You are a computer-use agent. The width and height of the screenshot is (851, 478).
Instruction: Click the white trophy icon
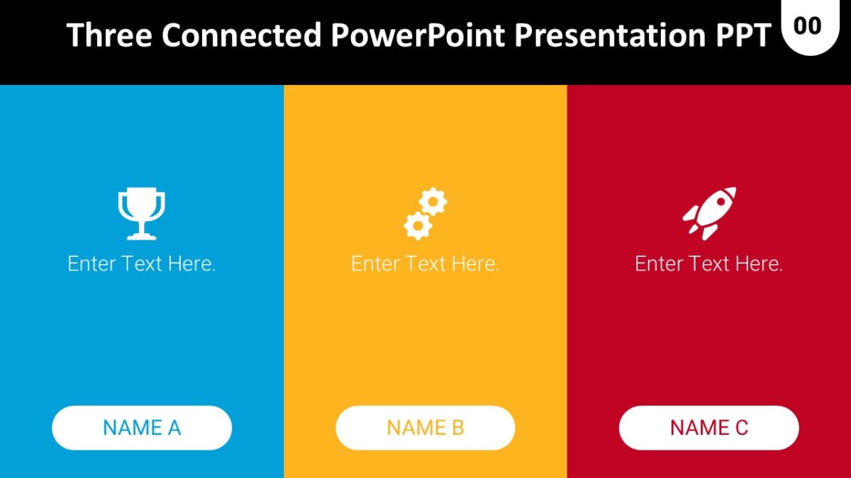click(141, 210)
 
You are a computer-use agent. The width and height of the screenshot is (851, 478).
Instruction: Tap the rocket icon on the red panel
click(709, 212)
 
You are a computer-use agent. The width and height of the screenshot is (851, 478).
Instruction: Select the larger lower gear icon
click(418, 225)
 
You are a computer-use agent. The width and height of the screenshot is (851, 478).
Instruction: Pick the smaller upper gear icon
click(433, 203)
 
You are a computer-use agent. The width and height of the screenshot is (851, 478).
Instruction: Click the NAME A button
click(142, 428)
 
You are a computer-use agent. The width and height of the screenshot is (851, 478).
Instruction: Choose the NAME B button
click(425, 428)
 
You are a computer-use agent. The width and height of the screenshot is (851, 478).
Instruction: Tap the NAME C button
click(709, 428)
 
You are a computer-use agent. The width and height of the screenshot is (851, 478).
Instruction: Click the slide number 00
click(808, 26)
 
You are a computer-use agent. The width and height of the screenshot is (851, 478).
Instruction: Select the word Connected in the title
click(240, 35)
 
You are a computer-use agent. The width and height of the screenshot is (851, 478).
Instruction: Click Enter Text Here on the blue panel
click(142, 264)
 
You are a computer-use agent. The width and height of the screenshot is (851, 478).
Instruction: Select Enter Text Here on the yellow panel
click(425, 264)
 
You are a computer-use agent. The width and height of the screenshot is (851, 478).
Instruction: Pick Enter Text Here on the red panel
click(709, 264)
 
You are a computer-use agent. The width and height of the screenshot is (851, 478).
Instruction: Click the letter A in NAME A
click(174, 428)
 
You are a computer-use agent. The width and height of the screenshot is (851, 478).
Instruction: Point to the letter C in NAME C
click(741, 428)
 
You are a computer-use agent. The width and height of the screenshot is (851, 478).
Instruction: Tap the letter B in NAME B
click(457, 428)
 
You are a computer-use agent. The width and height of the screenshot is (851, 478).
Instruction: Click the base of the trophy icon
click(141, 235)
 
